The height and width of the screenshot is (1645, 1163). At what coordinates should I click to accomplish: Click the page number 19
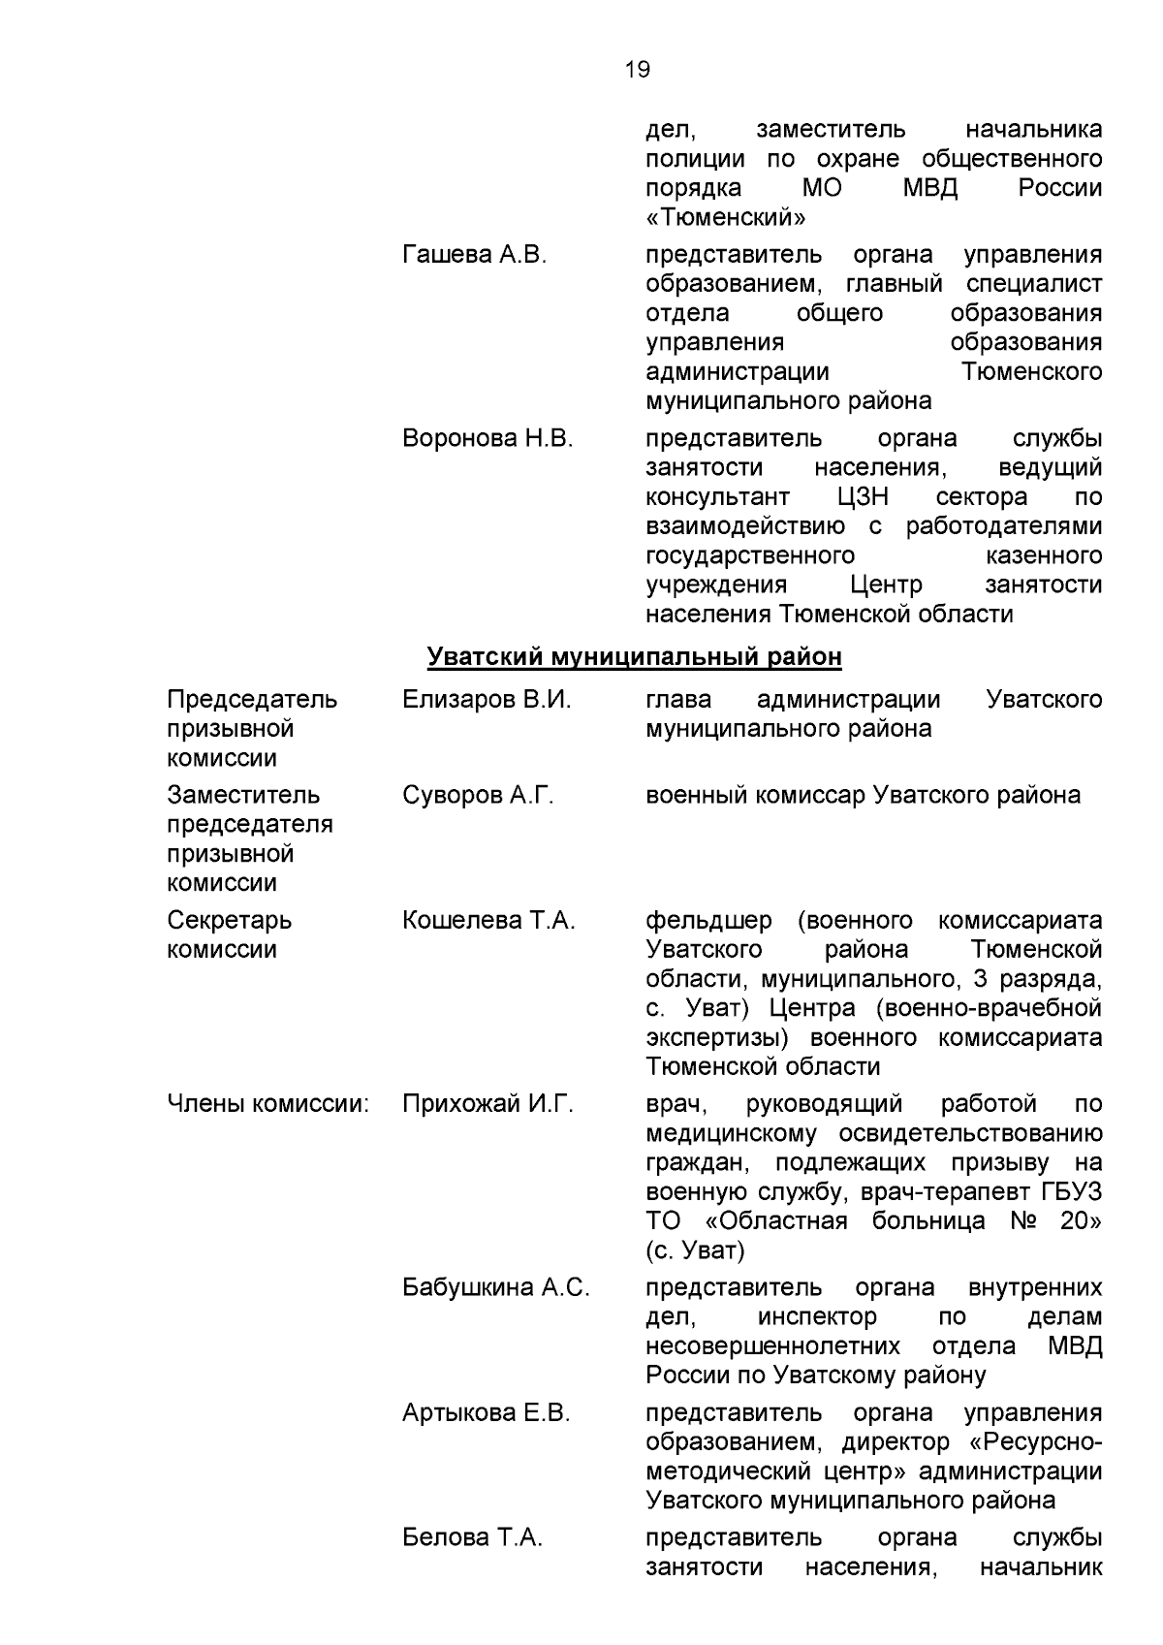click(x=638, y=70)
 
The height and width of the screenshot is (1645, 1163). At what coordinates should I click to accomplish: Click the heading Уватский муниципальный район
click(x=634, y=657)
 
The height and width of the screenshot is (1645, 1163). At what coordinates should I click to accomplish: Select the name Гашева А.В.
click(x=474, y=255)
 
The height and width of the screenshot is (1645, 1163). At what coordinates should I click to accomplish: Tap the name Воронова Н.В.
click(x=487, y=438)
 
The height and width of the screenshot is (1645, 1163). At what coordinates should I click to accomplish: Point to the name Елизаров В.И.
click(x=487, y=700)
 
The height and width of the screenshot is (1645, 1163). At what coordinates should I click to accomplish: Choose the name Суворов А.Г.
click(x=478, y=796)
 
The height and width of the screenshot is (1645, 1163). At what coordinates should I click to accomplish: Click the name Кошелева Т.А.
click(x=488, y=921)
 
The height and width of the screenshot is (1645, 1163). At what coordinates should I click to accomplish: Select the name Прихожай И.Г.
click(x=487, y=1104)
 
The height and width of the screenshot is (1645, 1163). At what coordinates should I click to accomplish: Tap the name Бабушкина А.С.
click(x=495, y=1288)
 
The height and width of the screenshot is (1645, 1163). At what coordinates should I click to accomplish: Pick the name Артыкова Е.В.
click(x=487, y=1413)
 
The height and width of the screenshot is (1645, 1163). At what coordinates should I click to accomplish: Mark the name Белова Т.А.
click(x=472, y=1538)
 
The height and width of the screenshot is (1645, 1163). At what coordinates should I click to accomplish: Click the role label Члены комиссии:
click(x=268, y=1104)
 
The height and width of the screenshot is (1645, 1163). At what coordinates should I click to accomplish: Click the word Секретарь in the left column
click(x=229, y=921)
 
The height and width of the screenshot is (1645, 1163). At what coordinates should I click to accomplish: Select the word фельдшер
click(x=708, y=921)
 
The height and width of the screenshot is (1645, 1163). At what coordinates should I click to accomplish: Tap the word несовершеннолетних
click(x=772, y=1346)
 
